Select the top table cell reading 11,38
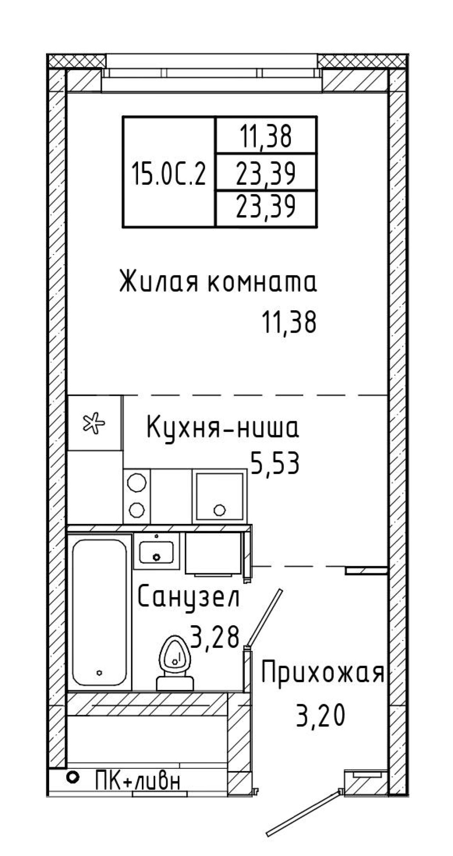pos(266,136)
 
